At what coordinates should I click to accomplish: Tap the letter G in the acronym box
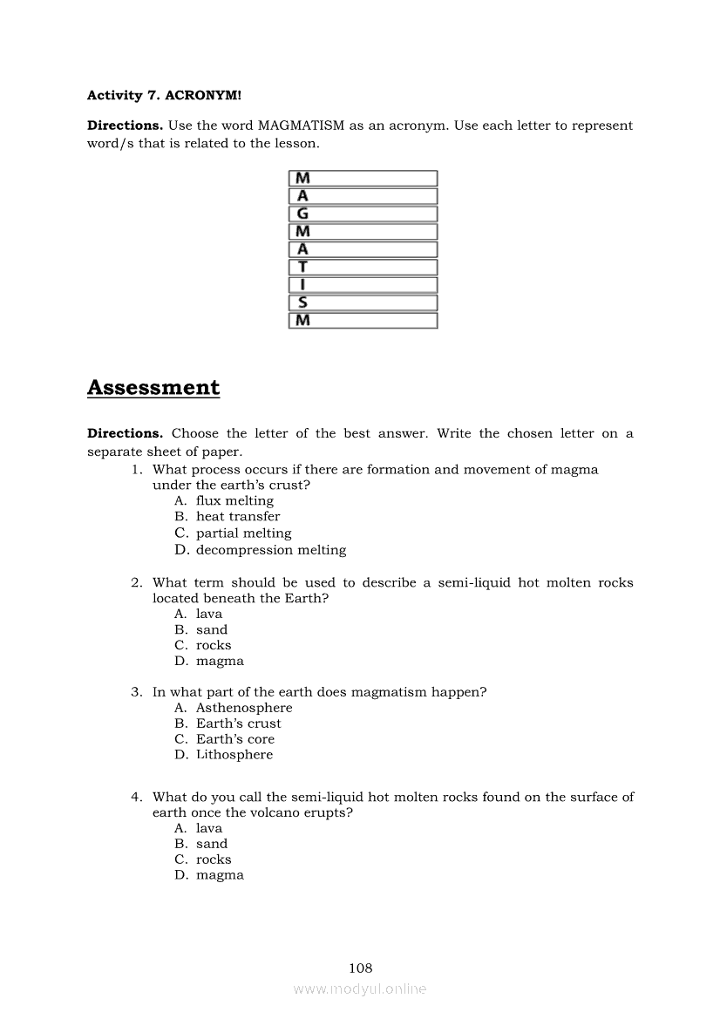click(x=302, y=214)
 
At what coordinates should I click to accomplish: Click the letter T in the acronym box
click(x=302, y=267)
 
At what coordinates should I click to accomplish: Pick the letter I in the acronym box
click(x=302, y=285)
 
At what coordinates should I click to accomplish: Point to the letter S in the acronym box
click(x=302, y=302)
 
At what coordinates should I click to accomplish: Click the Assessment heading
click(x=153, y=388)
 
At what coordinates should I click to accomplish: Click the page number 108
click(x=360, y=968)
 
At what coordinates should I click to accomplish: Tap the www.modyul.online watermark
click(x=360, y=988)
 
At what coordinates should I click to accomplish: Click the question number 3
click(x=137, y=692)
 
